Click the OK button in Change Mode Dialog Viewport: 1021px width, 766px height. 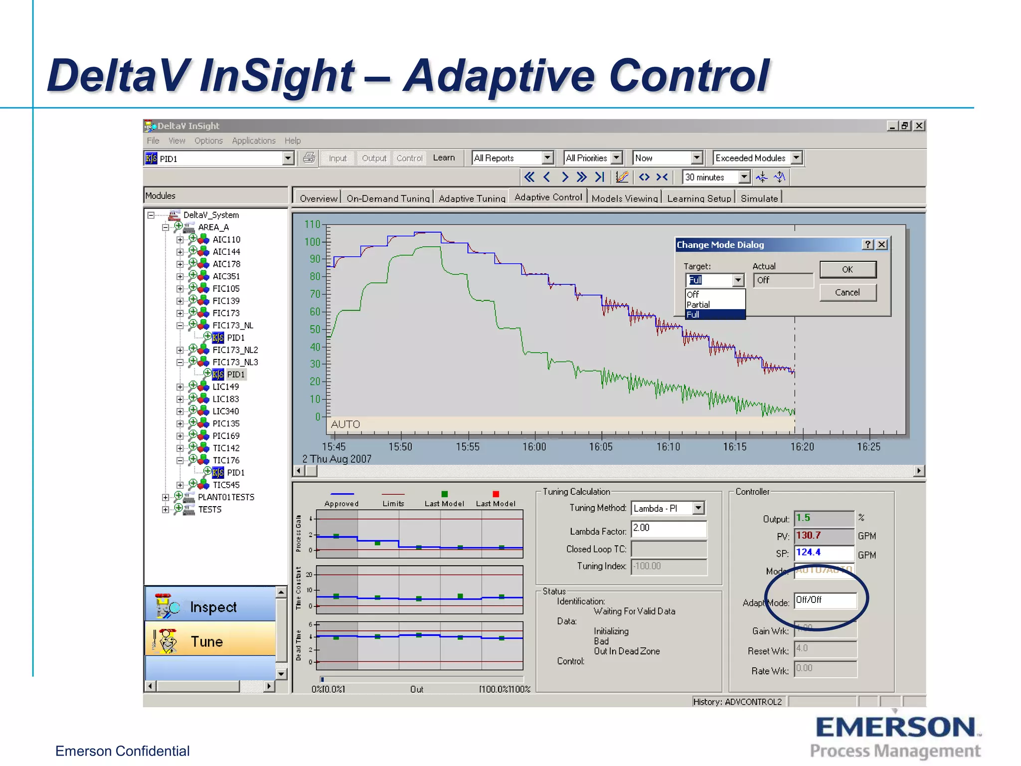(848, 269)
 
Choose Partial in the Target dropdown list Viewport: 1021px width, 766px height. (698, 304)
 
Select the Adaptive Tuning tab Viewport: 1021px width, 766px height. (472, 198)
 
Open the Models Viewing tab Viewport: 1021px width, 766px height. (625, 198)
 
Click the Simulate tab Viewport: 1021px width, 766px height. (759, 198)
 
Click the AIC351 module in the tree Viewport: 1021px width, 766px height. (226, 276)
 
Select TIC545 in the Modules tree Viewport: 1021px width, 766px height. (226, 485)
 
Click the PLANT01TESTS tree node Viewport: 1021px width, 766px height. (226, 497)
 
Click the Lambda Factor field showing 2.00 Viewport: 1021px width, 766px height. (668, 528)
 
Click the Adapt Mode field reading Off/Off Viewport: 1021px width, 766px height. (825, 600)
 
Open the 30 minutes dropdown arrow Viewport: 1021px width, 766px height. (744, 177)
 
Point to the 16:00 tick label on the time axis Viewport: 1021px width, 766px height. (534, 446)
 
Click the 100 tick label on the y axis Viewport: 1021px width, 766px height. (313, 242)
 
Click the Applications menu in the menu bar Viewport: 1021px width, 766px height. (253, 141)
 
